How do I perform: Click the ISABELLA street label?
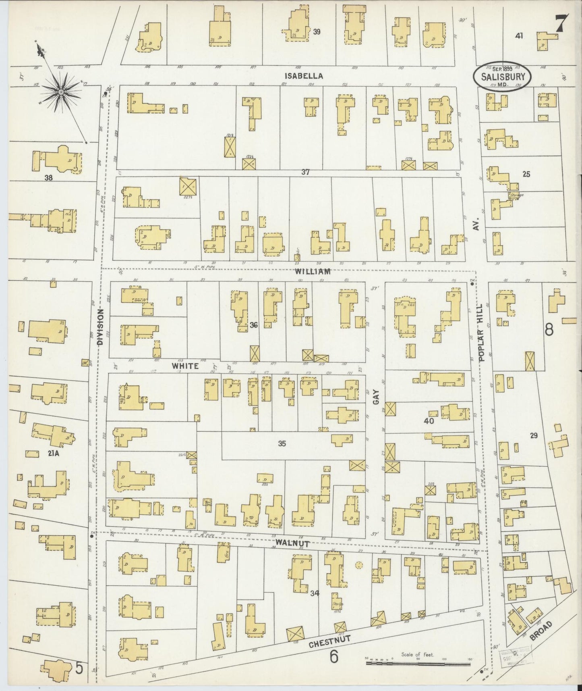[304, 75]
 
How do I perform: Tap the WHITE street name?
[185, 366]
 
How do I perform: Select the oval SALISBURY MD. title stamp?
[502, 77]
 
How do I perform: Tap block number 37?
[306, 172]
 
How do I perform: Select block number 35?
[282, 444]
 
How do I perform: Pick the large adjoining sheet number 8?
[549, 330]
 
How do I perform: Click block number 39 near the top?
[317, 32]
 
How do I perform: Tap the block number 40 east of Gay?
[429, 420]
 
